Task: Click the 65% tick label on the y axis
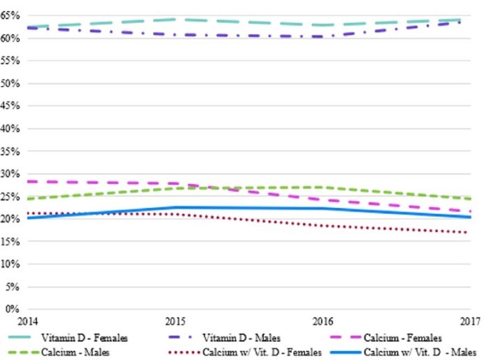coord(10,15)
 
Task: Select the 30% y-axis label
coord(10,174)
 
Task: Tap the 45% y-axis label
coord(10,106)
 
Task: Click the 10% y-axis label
coord(10,264)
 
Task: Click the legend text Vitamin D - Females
coord(84,338)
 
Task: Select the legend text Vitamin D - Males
coord(241,338)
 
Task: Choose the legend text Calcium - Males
coord(74,352)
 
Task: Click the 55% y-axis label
coord(10,60)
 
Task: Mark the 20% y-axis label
coord(10,219)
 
